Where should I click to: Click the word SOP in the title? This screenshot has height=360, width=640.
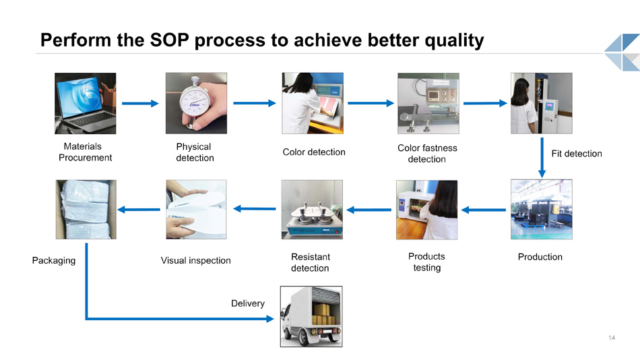(x=169, y=40)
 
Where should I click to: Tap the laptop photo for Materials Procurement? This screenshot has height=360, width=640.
(x=86, y=103)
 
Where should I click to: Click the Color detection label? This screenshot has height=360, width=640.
(x=314, y=152)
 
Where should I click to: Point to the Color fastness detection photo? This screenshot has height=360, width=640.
(x=428, y=103)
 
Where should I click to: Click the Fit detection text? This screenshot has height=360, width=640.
(x=576, y=154)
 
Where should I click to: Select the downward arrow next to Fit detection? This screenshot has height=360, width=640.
(x=542, y=157)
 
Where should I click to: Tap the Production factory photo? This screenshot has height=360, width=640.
(x=541, y=209)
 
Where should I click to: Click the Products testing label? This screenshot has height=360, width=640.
(x=427, y=262)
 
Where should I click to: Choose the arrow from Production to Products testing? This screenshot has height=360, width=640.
(x=484, y=210)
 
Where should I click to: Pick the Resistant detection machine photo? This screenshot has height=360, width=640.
(x=312, y=210)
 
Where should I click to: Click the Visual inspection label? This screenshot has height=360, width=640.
(x=196, y=261)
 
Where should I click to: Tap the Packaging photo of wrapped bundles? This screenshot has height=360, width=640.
(x=86, y=210)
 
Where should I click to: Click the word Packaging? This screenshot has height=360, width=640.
(x=54, y=261)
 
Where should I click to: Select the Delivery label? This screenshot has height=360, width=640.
(x=248, y=303)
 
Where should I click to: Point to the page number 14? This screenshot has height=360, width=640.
(x=612, y=338)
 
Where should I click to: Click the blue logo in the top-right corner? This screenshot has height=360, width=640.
(x=622, y=53)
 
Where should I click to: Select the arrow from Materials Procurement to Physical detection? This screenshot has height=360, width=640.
(x=140, y=103)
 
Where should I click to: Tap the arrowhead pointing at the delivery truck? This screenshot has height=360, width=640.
(x=269, y=319)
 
